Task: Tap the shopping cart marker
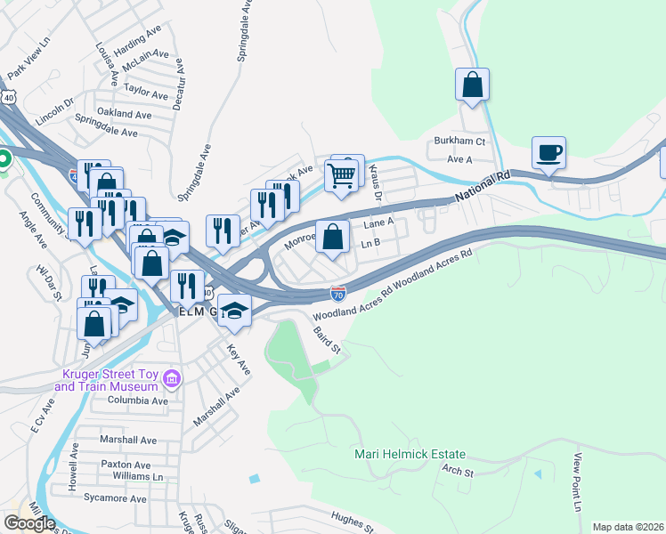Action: (x=342, y=175)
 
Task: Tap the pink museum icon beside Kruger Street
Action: (x=174, y=381)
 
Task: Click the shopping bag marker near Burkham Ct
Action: (x=473, y=85)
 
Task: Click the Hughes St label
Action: (x=352, y=521)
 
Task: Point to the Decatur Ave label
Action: (x=179, y=81)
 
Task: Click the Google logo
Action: (x=29, y=522)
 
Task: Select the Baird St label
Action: (x=328, y=339)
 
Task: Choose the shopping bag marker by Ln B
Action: (x=332, y=238)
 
